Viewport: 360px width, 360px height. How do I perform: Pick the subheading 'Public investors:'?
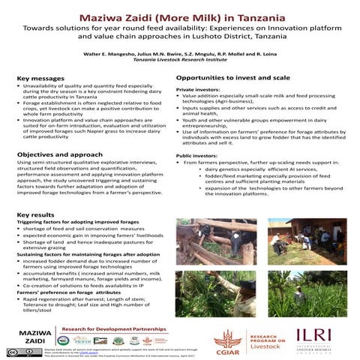[x=196, y=154]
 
